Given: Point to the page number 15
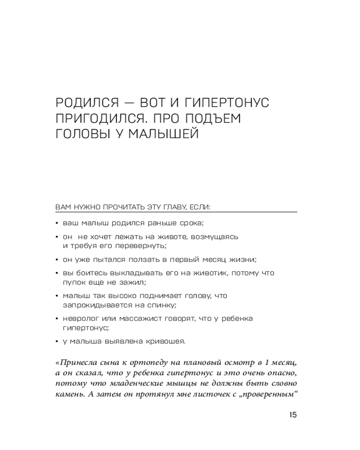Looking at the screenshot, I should pos(292,415).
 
